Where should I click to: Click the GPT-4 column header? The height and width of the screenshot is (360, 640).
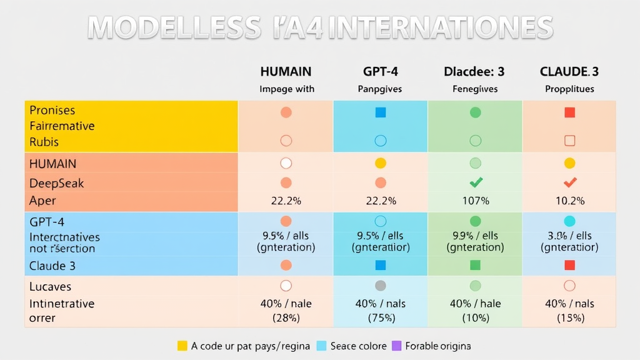coord(380,72)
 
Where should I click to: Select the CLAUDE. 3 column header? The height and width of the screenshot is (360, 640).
coord(569,72)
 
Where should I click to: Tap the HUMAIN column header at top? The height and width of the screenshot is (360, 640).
coord(286,72)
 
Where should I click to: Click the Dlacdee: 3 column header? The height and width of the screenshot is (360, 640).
coord(474,72)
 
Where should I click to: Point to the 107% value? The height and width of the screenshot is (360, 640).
coord(475,201)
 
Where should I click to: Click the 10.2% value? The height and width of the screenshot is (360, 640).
coord(569,201)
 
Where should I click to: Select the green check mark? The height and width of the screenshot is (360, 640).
coord(475,182)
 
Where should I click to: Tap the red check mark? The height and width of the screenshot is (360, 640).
coord(569,182)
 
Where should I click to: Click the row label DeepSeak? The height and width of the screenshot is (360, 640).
coord(56,184)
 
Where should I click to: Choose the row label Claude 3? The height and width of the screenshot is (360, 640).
coord(52,266)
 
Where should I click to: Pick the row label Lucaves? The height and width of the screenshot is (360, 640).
coord(50,287)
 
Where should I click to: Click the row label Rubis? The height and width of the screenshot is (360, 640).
coord(44,142)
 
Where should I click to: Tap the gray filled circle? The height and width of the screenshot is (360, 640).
coord(380,286)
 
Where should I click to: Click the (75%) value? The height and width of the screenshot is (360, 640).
coord(380,317)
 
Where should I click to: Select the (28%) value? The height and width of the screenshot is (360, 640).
coord(286,317)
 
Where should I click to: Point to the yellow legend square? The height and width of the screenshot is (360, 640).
coord(182,346)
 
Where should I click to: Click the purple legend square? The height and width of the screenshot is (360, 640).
coord(396,346)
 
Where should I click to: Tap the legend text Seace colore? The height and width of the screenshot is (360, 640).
coord(358,346)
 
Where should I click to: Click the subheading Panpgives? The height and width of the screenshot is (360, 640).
coord(380,89)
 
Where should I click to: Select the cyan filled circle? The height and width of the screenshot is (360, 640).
coord(569,221)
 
